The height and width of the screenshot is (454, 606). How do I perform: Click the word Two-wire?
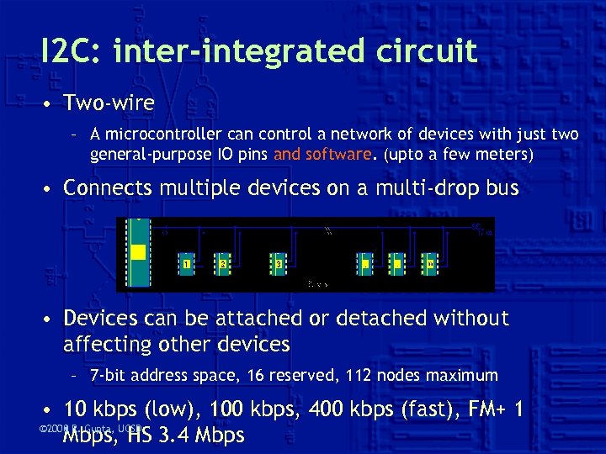coord(109,103)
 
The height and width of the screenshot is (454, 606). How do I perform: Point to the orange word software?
coord(338,154)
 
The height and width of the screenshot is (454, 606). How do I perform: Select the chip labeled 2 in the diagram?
coord(223,263)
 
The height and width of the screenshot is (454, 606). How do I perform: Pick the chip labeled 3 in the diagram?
coord(279,263)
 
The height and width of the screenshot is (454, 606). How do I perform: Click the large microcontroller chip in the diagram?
coord(137,252)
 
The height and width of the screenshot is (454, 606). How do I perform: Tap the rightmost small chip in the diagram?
coord(429,263)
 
